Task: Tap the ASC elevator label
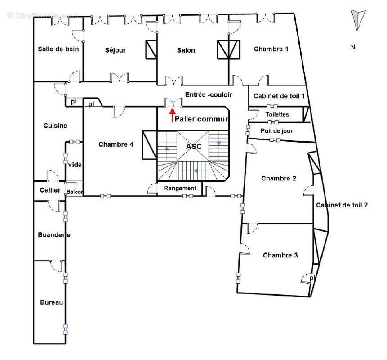click(194, 147)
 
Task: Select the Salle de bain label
click(58, 49)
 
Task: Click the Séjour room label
click(115, 50)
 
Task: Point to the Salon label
click(186, 50)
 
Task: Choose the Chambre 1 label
click(271, 49)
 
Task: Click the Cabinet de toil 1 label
click(279, 96)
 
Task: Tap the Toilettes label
click(277, 115)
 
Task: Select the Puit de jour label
click(277, 131)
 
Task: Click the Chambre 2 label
click(278, 179)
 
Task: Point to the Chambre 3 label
click(280, 255)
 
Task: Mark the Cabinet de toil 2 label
click(342, 205)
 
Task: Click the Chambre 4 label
click(116, 144)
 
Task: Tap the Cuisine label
click(55, 126)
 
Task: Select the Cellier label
click(49, 190)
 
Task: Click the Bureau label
click(51, 302)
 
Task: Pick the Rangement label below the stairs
click(180, 188)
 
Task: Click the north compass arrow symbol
click(357, 20)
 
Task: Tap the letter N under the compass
click(353, 47)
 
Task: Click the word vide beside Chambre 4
click(75, 165)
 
